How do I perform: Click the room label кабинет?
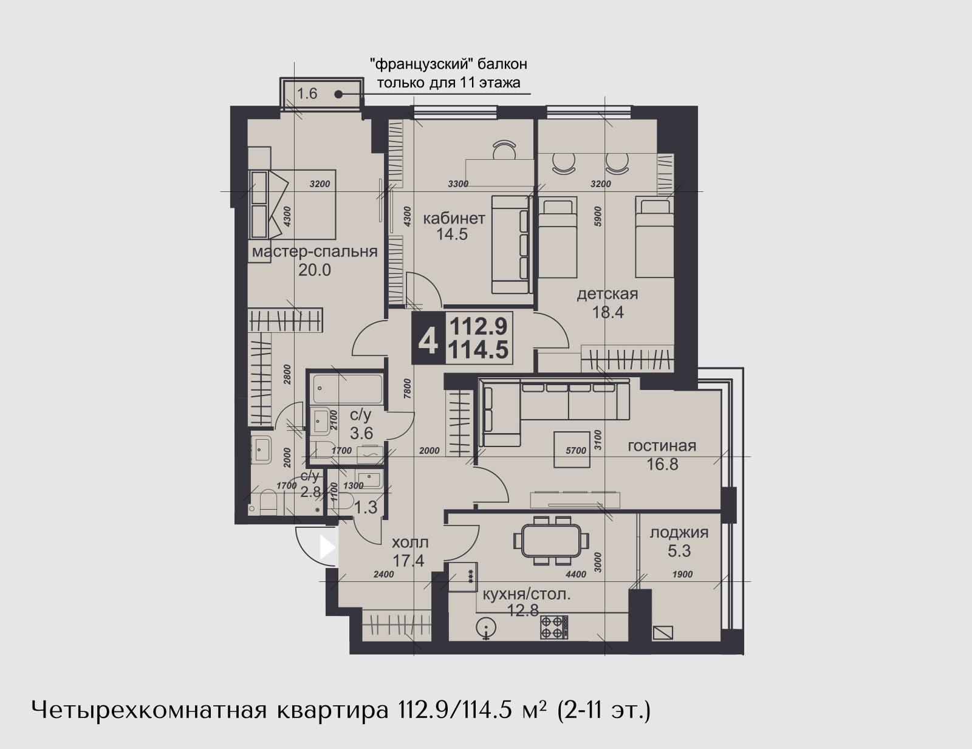coord(454,219)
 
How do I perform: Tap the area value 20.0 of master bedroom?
coord(315,270)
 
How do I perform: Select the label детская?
coord(607,294)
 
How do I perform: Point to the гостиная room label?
coord(662,446)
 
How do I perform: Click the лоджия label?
coord(679,533)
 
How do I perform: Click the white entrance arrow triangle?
coord(327,547)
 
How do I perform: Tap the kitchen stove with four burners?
coord(554,627)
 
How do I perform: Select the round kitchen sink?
coord(487,628)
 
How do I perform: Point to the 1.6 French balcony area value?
coord(307,94)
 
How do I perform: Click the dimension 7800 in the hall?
coord(406,389)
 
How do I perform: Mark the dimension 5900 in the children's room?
coord(598,216)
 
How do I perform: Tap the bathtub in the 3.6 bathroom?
coord(347,389)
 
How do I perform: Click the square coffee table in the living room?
coord(571,450)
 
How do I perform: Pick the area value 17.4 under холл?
coord(408,560)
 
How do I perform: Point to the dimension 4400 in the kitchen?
coord(576,574)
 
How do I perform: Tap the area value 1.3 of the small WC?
coord(366,507)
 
